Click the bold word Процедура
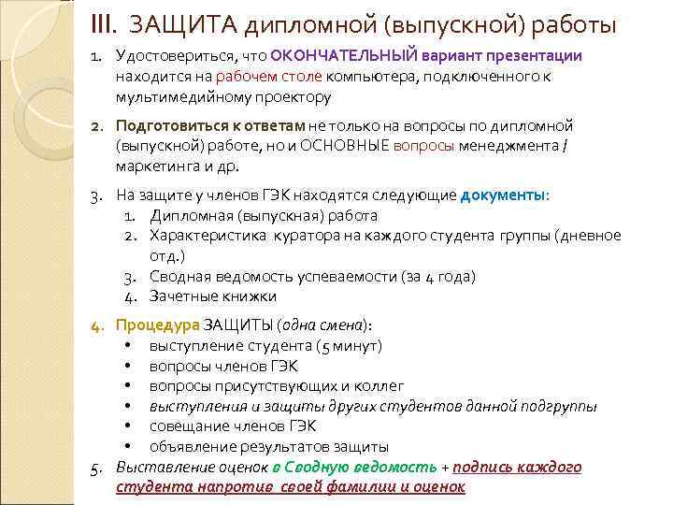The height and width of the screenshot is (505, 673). click(x=157, y=325)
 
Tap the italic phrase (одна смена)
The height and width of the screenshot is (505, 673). click(x=327, y=325)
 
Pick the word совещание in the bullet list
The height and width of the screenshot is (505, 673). click(x=190, y=426)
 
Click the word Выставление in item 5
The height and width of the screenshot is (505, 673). click(x=159, y=468)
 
